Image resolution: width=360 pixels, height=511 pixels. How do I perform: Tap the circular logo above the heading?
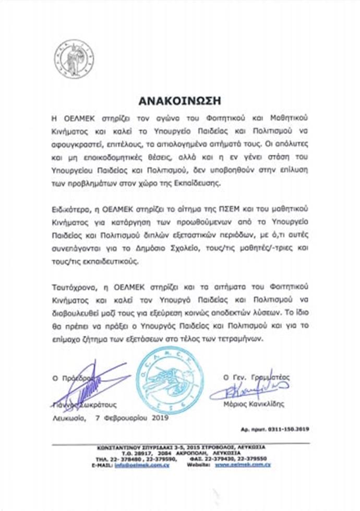point(75,56)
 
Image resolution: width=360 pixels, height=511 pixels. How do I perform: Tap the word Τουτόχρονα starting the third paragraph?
point(73,286)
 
